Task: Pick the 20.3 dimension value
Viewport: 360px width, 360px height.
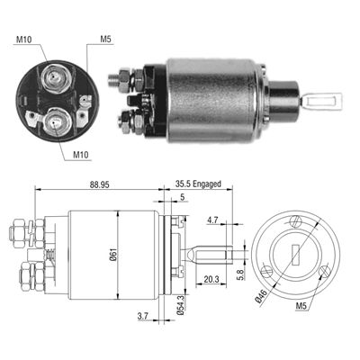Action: click(x=211, y=279)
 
